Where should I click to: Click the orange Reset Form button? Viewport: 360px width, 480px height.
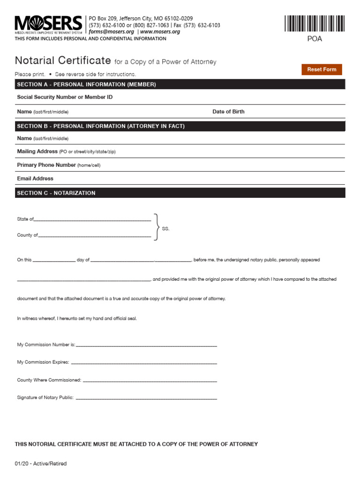pyautogui.click(x=322, y=69)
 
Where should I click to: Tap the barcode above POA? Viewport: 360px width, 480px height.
pyautogui.click(x=314, y=23)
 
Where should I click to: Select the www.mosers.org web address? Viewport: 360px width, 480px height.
pyautogui.click(x=160, y=32)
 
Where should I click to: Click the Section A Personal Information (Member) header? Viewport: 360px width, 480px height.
pyautogui.click(x=86, y=84)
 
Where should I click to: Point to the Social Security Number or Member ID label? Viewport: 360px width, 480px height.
pyautogui.click(x=65, y=97)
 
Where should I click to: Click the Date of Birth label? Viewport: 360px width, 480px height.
pyautogui.click(x=228, y=112)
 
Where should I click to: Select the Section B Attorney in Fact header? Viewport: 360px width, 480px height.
pyautogui.click(x=101, y=126)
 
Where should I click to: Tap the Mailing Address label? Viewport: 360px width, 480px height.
pyautogui.click(x=37, y=151)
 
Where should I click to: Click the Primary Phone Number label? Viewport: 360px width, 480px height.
pyautogui.click(x=46, y=165)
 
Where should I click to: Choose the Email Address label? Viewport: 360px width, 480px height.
pyautogui.click(x=35, y=179)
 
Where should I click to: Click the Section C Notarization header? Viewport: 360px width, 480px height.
pyautogui.click(x=56, y=193)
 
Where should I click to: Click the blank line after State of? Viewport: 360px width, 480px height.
pyautogui.click(x=92, y=219)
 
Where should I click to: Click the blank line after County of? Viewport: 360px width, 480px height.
pyautogui.click(x=94, y=236)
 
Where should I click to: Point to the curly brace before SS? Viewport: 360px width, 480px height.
pyautogui.click(x=157, y=228)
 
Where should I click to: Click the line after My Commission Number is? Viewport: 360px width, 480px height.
pyautogui.click(x=146, y=345)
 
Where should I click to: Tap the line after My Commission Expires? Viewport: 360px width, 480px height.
pyautogui.click(x=143, y=363)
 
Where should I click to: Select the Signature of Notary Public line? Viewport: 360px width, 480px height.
pyautogui.click(x=146, y=398)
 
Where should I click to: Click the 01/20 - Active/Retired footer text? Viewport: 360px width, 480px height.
pyautogui.click(x=41, y=464)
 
